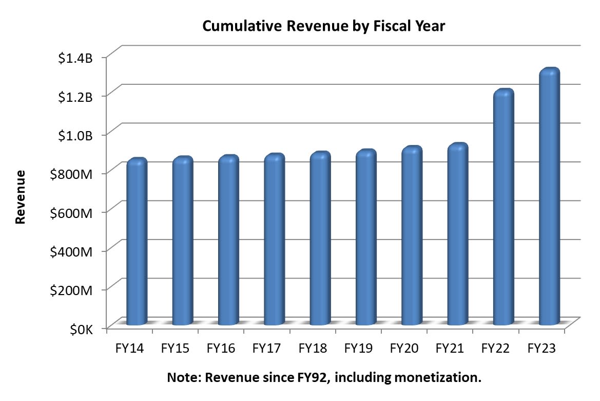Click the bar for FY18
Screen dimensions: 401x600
point(320,239)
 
